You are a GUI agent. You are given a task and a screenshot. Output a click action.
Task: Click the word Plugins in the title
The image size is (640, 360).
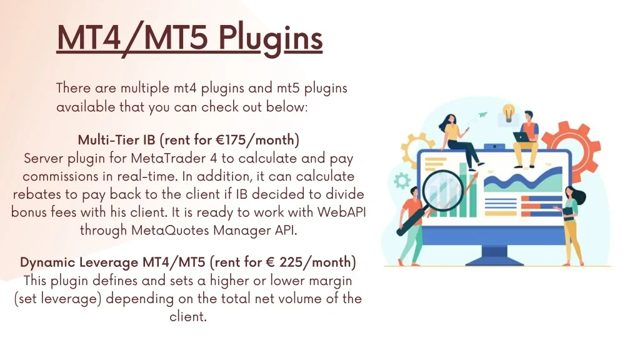click(x=271, y=39)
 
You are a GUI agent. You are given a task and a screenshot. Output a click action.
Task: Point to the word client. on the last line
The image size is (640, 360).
click(x=188, y=317)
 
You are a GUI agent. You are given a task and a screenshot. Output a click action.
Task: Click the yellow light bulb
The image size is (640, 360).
click(x=508, y=113)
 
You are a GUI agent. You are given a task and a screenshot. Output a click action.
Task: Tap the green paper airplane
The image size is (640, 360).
click(x=482, y=115)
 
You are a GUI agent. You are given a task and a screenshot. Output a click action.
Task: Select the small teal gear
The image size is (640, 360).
click(x=402, y=181)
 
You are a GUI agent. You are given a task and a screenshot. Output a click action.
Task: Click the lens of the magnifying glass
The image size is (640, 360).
click(x=443, y=191)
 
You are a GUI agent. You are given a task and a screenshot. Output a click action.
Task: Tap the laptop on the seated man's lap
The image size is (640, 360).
click(x=522, y=137)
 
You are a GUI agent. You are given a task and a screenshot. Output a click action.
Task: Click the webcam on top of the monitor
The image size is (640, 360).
click(x=494, y=146)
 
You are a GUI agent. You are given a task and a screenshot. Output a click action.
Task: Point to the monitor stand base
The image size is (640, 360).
click(x=494, y=261)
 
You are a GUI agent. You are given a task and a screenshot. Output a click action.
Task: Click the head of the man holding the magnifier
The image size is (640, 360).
click(x=414, y=191)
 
